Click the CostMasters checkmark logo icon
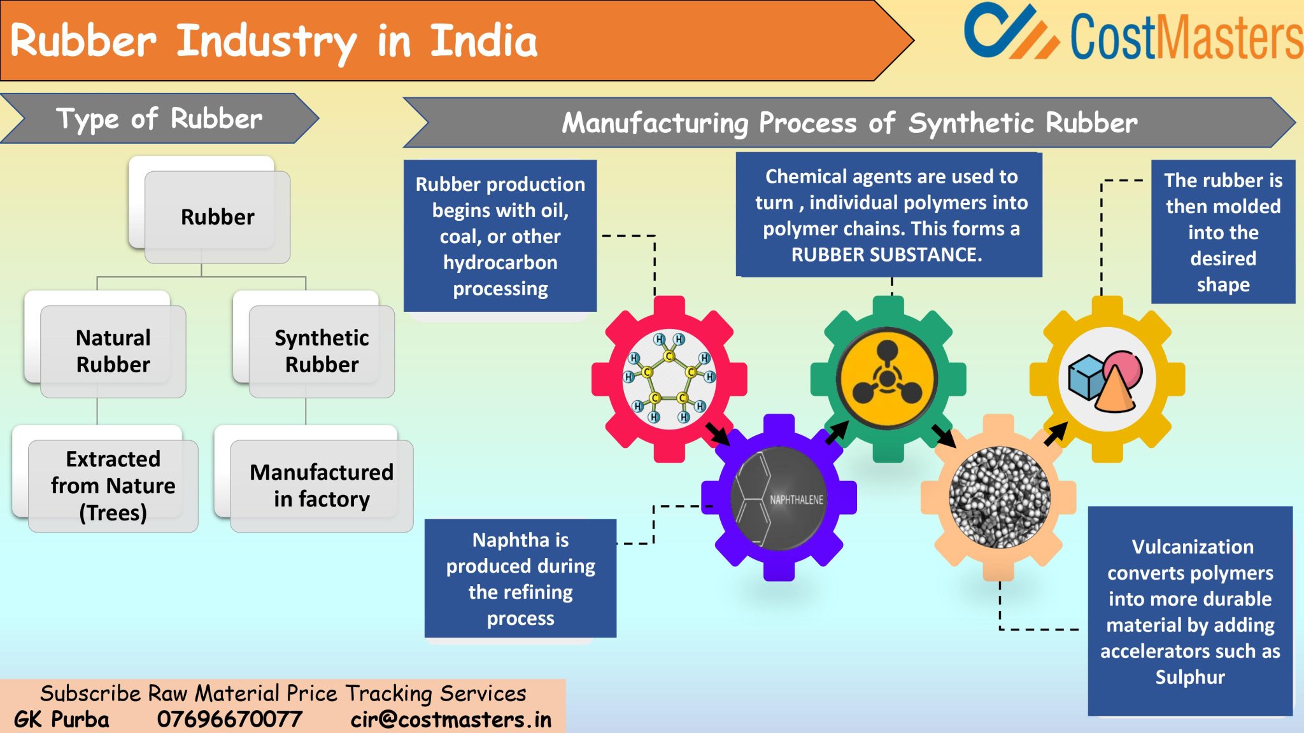(1009, 32)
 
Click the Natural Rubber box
(113, 351)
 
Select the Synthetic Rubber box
(322, 351)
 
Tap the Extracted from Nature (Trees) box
(113, 485)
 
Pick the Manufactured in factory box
(322, 485)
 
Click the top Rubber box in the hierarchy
(217, 217)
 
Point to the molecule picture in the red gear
(669, 379)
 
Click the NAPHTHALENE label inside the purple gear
(796, 500)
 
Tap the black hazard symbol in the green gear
(887, 375)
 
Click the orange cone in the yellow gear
(1114, 391)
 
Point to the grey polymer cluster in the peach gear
(999, 497)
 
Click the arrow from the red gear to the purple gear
(718, 434)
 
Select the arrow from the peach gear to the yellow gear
(1055, 434)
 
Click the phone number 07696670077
(229, 720)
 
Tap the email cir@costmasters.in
(451, 720)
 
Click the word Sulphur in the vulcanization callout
(1190, 677)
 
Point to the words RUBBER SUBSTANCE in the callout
(886, 255)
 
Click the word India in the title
(484, 41)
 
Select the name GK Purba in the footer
(62, 720)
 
